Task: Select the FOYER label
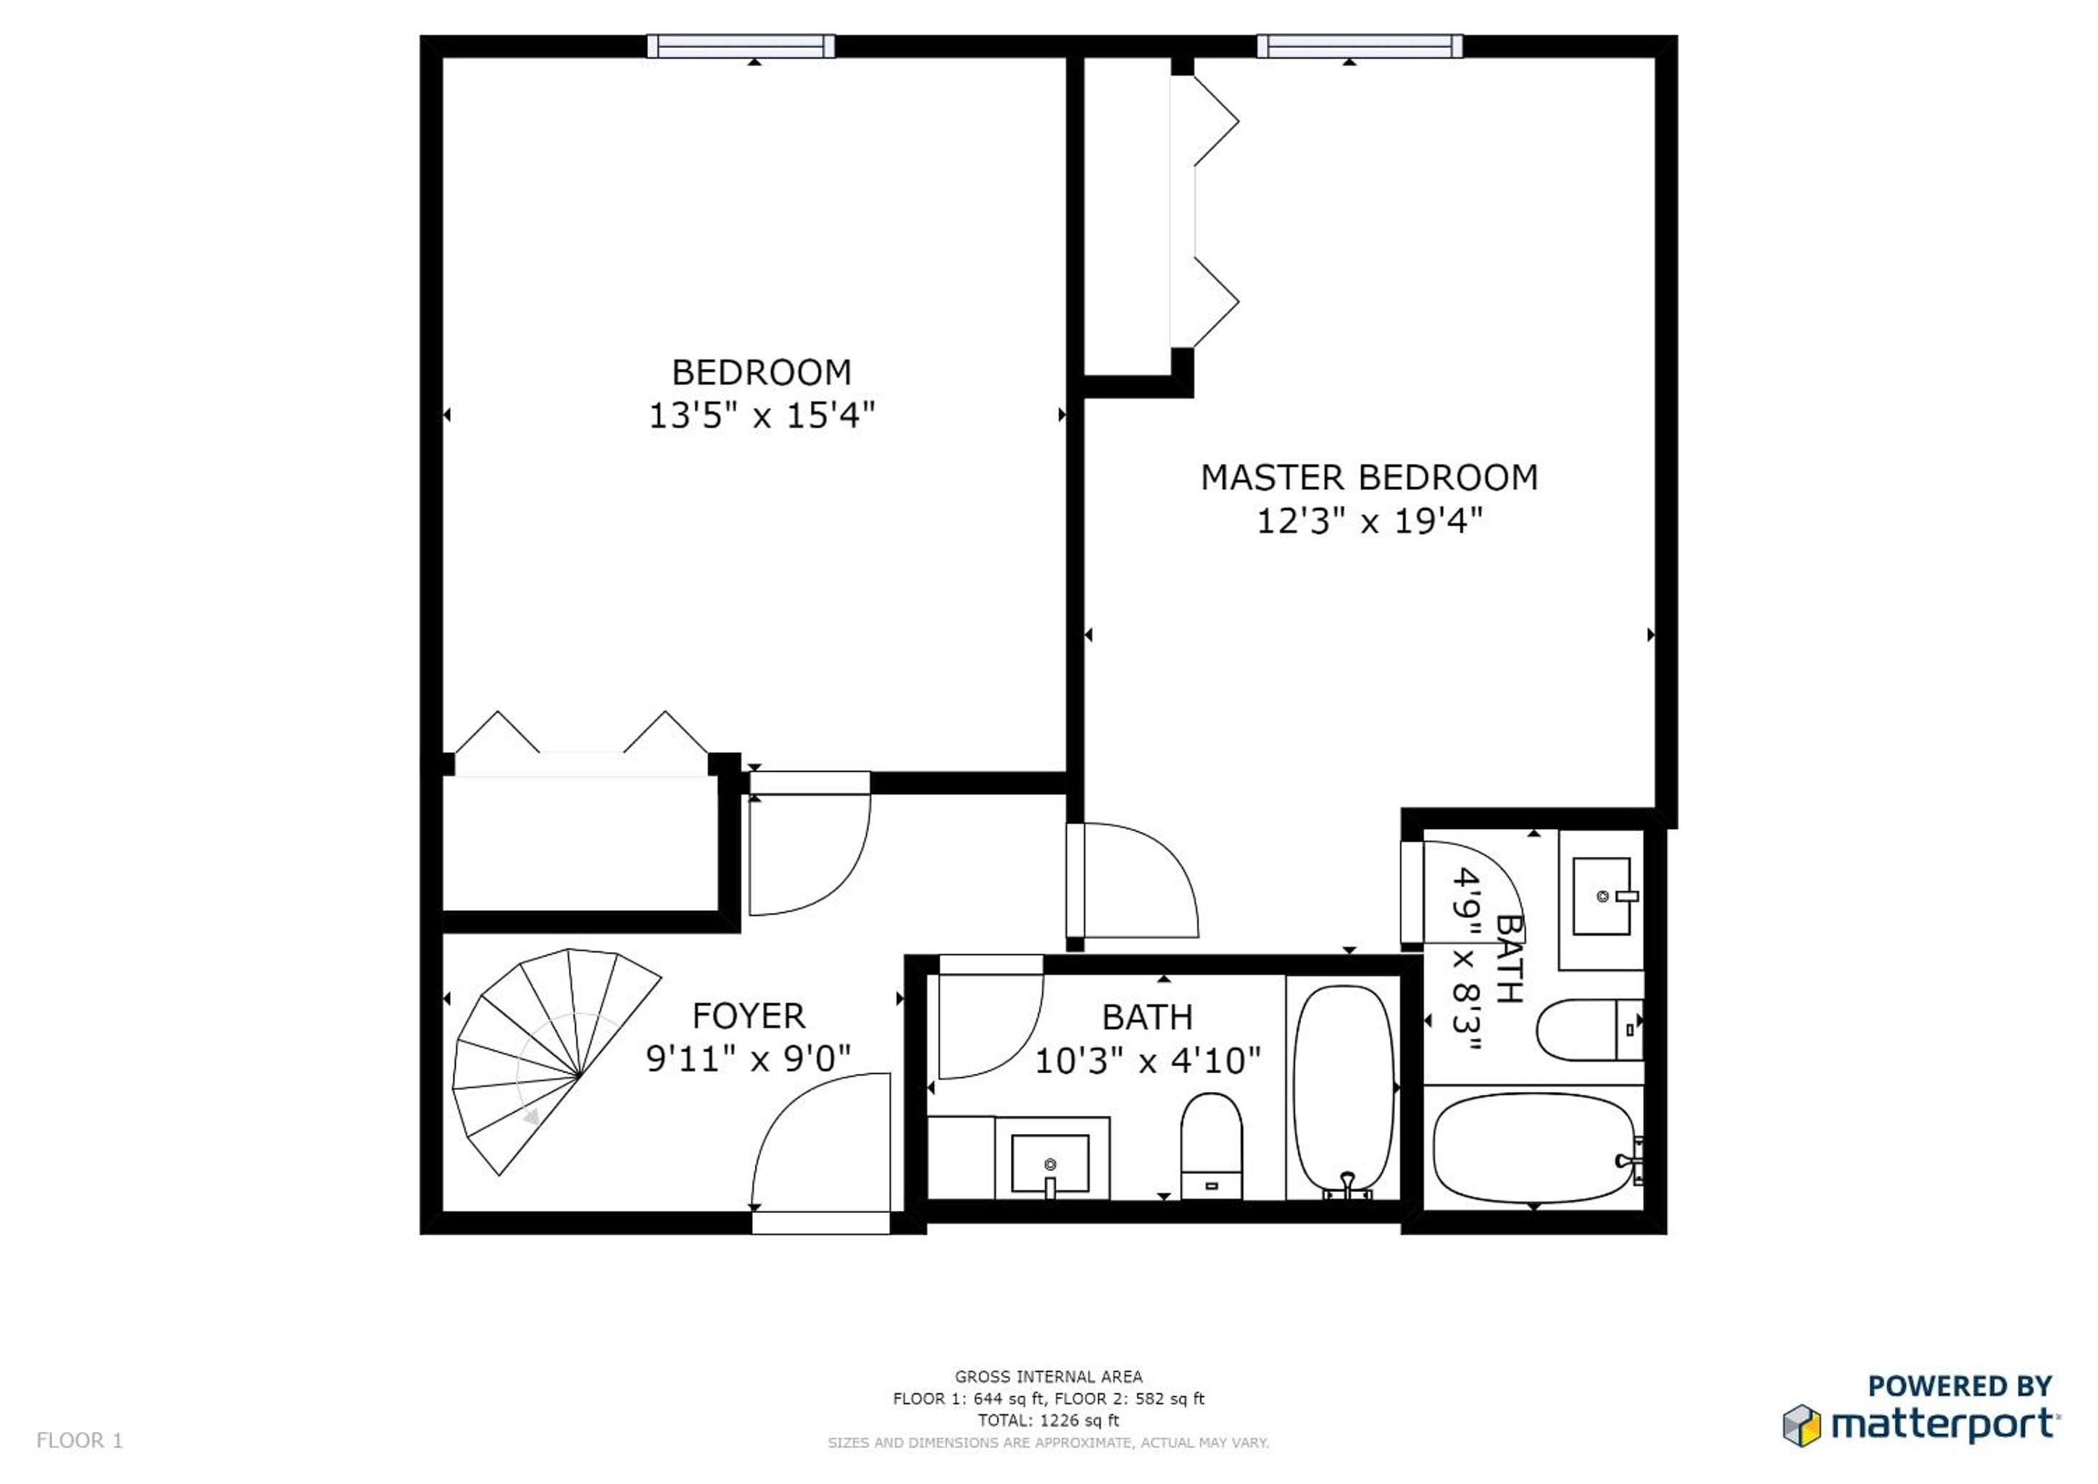pyautogui.click(x=749, y=1015)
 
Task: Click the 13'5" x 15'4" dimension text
pyautogui.click(x=761, y=416)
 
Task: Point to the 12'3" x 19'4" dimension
pyautogui.click(x=1369, y=521)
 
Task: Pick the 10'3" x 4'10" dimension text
pyautogui.click(x=1148, y=1060)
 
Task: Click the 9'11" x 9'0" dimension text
pyautogui.click(x=749, y=1058)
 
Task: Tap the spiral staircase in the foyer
pyautogui.click(x=556, y=1061)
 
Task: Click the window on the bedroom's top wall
pyautogui.click(x=741, y=46)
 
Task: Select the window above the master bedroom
pyautogui.click(x=1359, y=46)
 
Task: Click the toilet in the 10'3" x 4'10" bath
pyautogui.click(x=1211, y=1146)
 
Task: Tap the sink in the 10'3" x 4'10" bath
pyautogui.click(x=1050, y=1163)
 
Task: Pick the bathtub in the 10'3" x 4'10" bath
pyautogui.click(x=1344, y=1091)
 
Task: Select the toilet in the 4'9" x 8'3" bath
pyautogui.click(x=1590, y=1029)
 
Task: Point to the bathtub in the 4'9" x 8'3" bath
pyautogui.click(x=1534, y=1148)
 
